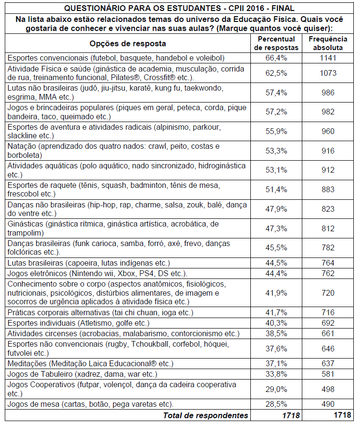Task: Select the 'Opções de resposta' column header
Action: (x=127, y=43)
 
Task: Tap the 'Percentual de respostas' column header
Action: (x=276, y=43)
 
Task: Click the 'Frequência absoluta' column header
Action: (x=328, y=43)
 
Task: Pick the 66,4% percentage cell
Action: (x=276, y=58)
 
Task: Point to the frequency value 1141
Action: (x=328, y=58)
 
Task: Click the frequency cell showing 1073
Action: (x=328, y=73)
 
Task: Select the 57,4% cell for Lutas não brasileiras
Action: (x=276, y=93)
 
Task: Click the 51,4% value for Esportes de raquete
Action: (x=276, y=189)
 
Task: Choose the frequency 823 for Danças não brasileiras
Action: (x=328, y=209)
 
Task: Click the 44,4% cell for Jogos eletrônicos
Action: (x=276, y=273)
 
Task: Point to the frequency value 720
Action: (x=328, y=293)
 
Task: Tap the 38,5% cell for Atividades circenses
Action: (x=276, y=333)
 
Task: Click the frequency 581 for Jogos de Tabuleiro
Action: (x=328, y=373)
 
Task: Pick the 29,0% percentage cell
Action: (x=276, y=389)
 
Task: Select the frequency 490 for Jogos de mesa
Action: (x=328, y=404)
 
